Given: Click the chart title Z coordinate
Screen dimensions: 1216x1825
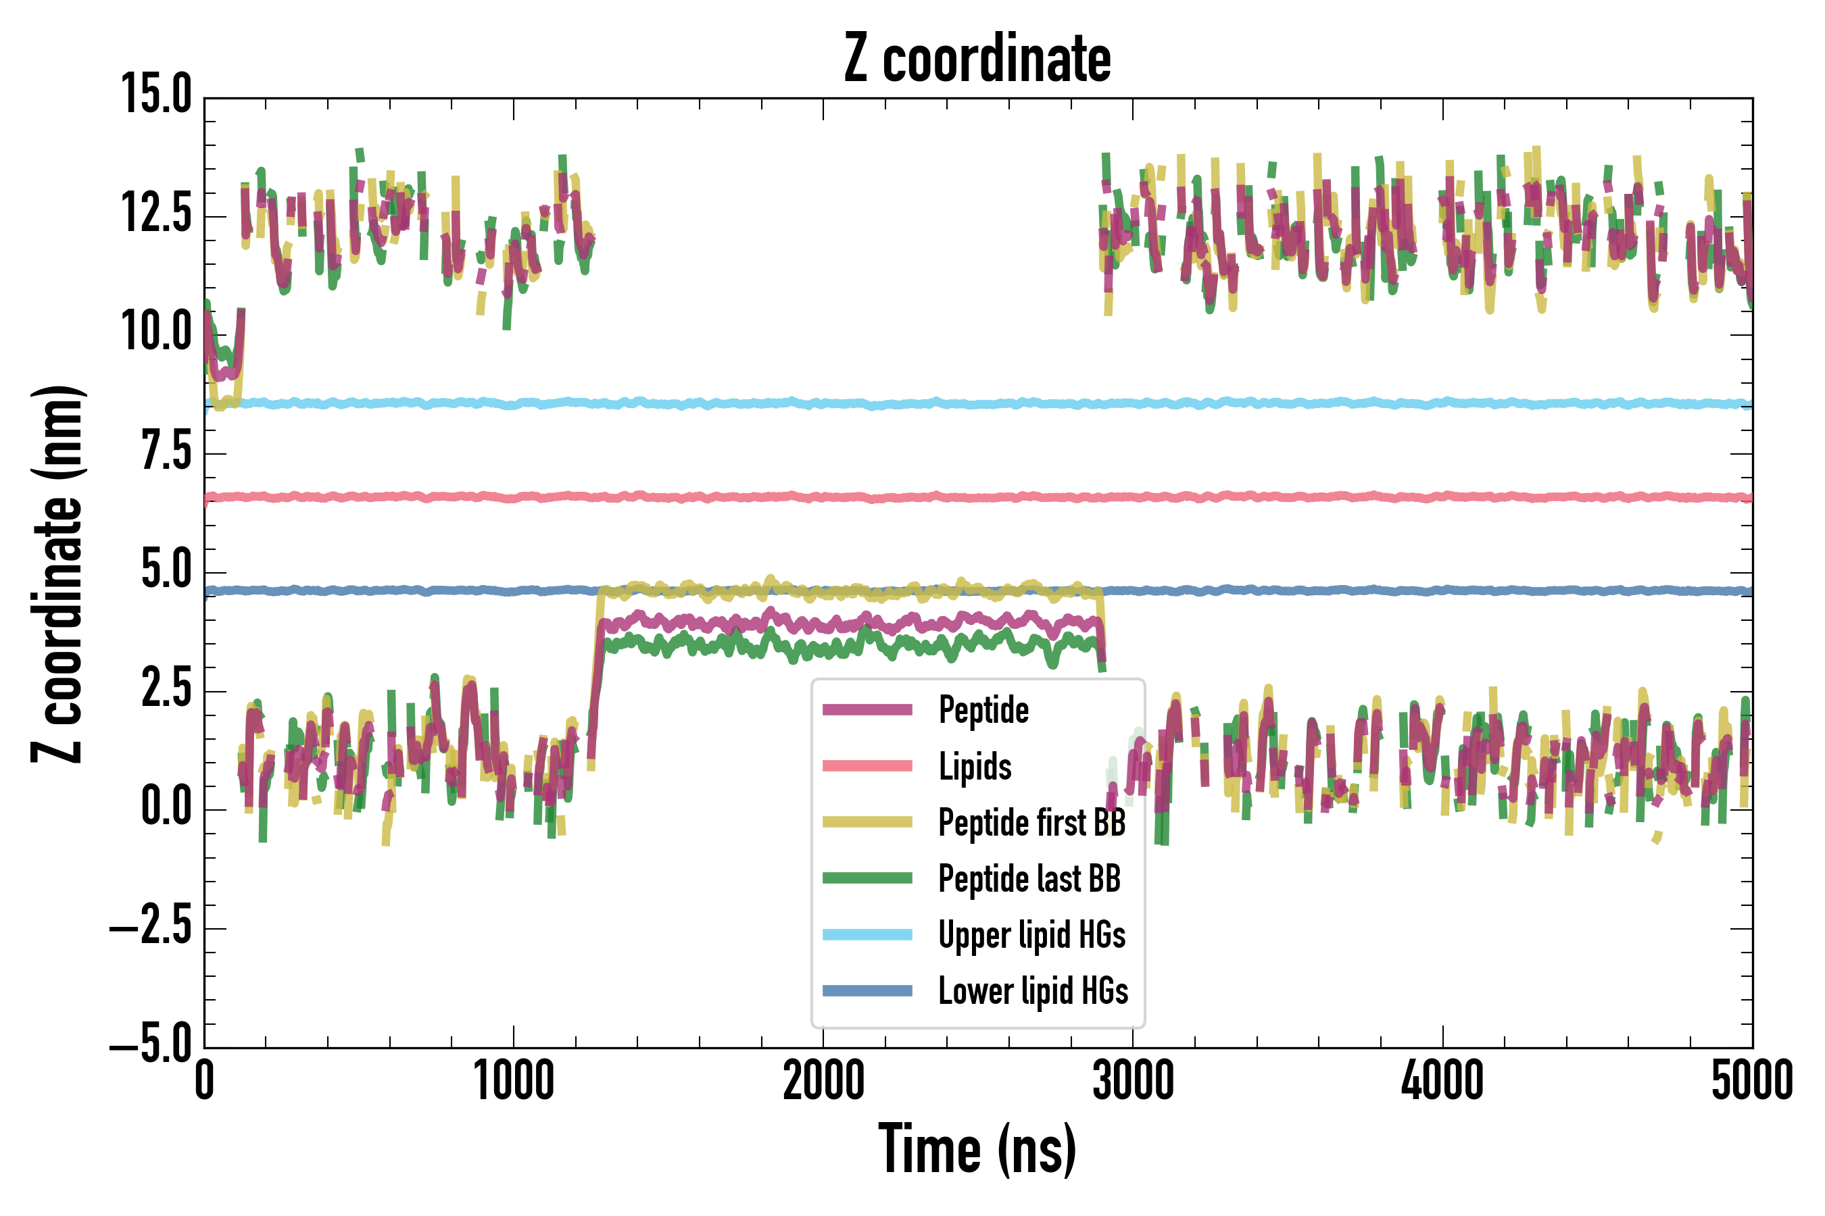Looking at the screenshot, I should [977, 59].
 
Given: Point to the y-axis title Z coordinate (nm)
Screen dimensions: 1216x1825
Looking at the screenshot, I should [57, 574].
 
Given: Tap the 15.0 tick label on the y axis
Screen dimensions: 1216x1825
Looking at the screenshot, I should [156, 96].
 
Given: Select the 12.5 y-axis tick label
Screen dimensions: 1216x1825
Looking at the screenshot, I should [156, 214].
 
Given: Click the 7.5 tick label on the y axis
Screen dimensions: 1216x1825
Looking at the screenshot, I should [166, 452].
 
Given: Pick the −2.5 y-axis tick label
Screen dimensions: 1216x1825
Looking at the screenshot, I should [151, 928].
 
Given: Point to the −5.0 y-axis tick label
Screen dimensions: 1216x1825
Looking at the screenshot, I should [151, 1046].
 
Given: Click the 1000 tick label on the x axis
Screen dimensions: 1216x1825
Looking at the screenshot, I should [514, 1080].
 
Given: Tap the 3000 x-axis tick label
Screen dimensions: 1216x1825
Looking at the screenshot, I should [1133, 1080].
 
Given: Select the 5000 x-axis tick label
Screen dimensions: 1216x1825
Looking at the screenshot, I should [1751, 1080].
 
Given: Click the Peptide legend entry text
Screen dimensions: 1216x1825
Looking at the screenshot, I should [983, 709].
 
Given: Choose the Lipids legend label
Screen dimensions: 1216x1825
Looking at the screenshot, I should [975, 766].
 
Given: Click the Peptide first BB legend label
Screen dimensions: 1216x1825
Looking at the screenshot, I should [1031, 822].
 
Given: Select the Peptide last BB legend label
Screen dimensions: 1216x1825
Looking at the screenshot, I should [1029, 879].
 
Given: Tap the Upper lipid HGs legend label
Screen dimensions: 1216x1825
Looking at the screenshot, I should [1031, 934].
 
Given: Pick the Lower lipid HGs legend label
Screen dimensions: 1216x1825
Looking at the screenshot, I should [1033, 991].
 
